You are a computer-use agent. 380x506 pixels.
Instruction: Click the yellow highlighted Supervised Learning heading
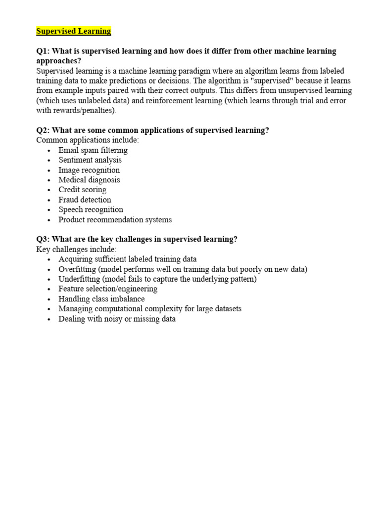point(74,31)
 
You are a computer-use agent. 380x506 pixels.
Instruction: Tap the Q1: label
point(43,51)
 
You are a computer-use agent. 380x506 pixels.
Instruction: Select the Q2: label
point(43,130)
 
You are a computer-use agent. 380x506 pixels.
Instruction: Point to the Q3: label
point(43,239)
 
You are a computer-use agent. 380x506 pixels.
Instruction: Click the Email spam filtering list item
point(93,150)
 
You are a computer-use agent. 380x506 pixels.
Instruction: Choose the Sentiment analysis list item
point(90,160)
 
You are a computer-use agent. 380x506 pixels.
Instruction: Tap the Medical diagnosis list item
point(89,180)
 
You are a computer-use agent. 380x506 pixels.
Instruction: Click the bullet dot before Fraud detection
point(48,200)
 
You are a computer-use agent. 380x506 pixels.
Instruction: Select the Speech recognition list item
point(91,210)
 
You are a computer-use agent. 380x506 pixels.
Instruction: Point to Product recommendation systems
point(115,219)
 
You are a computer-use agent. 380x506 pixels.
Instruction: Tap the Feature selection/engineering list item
point(107,289)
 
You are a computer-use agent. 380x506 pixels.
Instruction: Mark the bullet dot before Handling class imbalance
point(48,299)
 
